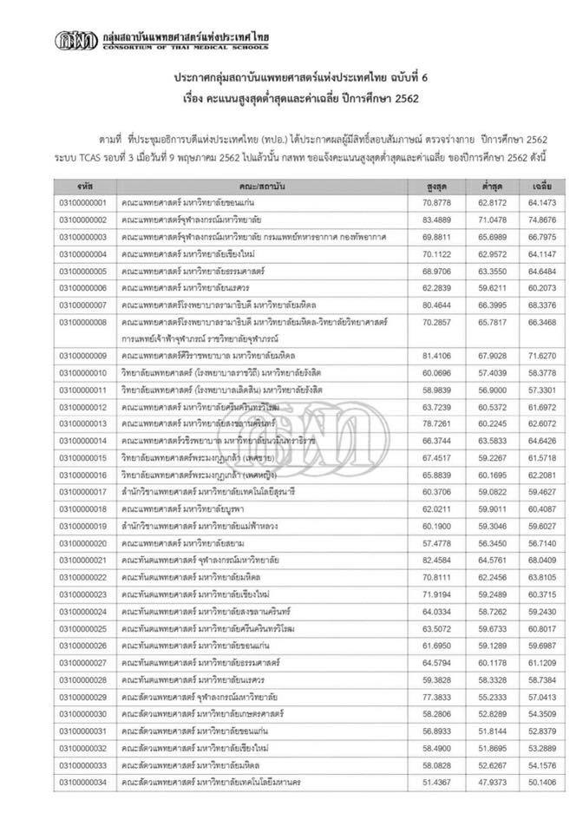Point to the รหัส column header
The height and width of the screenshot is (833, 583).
point(84,187)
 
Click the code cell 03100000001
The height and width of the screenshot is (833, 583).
point(84,204)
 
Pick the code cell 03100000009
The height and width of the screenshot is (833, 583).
point(84,356)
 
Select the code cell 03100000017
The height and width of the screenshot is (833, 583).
point(84,491)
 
